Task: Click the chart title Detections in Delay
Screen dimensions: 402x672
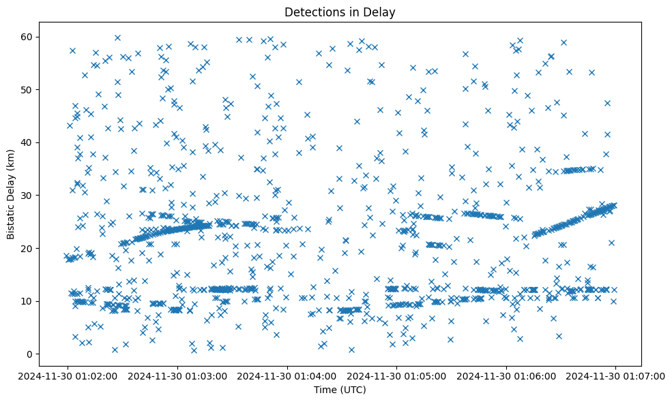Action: click(x=340, y=12)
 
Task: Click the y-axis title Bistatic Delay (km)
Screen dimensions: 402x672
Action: click(x=11, y=194)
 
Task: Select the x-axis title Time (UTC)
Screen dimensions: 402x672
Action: click(x=340, y=390)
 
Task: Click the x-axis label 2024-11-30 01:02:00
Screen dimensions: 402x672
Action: click(x=67, y=376)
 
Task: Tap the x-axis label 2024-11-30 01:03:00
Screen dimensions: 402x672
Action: click(x=177, y=376)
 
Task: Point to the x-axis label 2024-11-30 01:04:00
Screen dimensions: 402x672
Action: click(x=287, y=376)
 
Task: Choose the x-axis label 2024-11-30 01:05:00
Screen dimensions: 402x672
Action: click(x=396, y=376)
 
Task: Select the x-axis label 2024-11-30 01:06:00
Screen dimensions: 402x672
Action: click(x=506, y=376)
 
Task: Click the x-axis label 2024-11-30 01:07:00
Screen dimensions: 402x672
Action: click(x=615, y=376)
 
